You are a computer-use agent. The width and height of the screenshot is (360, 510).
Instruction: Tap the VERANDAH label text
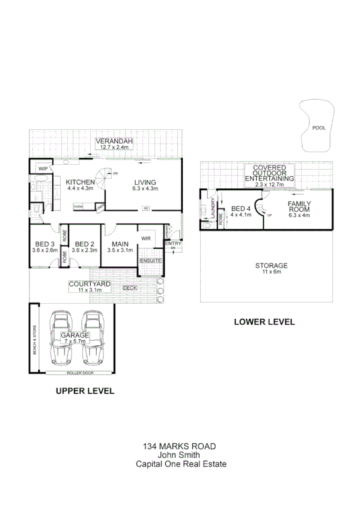pos(113,141)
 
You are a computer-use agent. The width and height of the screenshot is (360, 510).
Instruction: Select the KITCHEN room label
pos(81,182)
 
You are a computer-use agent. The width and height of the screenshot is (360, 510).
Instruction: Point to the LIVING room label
pos(145,182)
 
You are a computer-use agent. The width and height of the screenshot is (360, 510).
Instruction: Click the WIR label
pos(145,238)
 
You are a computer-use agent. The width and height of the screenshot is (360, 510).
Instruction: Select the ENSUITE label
pos(150,260)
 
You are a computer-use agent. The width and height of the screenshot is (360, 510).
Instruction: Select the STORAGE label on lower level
pos(271,265)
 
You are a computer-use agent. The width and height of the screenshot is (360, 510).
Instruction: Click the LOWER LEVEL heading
pos(264,322)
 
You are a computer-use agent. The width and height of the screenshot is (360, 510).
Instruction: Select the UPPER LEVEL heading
pos(85,391)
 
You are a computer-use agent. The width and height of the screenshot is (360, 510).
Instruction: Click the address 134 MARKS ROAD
pos(180,447)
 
